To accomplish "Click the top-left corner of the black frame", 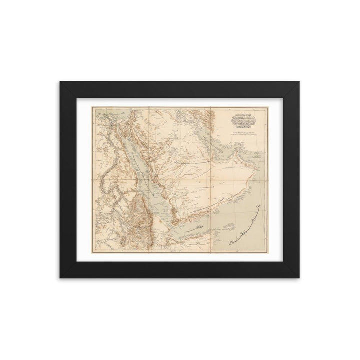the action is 60,81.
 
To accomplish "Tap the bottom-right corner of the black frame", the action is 300,278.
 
